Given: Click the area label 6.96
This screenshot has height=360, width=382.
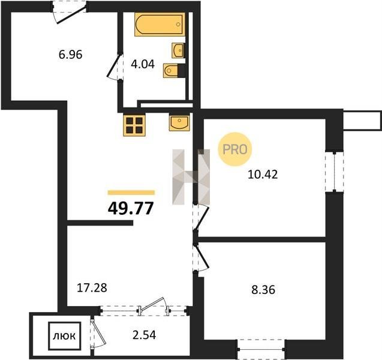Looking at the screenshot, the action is (x=70, y=55).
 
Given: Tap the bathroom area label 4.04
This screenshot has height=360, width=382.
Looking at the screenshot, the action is (x=143, y=64).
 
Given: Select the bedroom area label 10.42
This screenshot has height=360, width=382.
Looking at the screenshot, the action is (x=263, y=175).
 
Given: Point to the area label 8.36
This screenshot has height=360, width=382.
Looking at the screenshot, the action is (x=263, y=290).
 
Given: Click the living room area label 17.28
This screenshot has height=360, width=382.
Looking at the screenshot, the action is (x=92, y=288).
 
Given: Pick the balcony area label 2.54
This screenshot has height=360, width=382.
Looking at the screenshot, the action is (x=144, y=335).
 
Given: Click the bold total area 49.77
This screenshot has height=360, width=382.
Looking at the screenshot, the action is (x=131, y=208).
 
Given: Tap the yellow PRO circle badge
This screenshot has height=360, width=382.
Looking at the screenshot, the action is (x=234, y=149).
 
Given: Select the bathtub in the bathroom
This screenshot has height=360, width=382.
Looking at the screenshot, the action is (x=160, y=25).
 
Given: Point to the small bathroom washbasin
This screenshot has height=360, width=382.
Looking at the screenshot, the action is (x=178, y=50).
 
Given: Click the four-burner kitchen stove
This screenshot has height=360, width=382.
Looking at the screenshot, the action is (x=134, y=125).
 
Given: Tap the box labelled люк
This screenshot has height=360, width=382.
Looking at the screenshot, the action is (x=65, y=336).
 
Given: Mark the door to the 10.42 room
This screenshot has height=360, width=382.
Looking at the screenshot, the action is (x=201, y=217).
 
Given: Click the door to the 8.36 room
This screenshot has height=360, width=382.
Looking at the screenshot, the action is (x=201, y=257).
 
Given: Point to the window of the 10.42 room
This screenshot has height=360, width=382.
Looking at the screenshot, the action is (x=334, y=172).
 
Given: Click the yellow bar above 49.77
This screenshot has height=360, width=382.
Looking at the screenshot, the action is (x=131, y=193).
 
